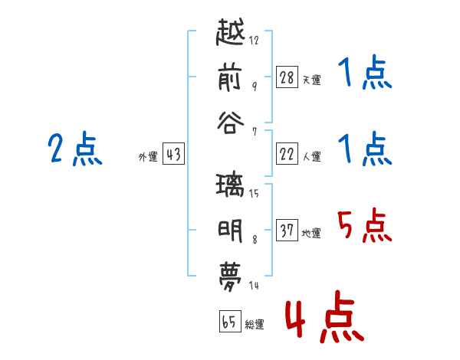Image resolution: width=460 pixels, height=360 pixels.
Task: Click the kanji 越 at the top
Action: point(230,32)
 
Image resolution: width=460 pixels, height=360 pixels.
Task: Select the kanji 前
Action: point(230,77)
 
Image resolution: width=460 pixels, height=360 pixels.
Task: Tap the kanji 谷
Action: point(230,123)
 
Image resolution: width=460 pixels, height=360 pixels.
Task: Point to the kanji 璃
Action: point(230,185)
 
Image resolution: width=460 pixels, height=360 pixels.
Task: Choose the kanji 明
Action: point(230,231)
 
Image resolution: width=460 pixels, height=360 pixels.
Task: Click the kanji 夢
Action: point(230,277)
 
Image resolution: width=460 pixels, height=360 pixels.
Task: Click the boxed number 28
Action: point(287,77)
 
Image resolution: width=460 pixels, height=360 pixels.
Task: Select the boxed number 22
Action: point(287,154)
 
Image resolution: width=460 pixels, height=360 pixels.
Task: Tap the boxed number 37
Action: point(287,230)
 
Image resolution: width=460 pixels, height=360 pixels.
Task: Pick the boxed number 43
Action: point(173,154)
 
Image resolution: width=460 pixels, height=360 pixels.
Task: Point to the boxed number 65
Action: point(230,321)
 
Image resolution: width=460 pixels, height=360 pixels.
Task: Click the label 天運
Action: point(312,80)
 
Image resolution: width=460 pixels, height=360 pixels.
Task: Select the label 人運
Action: point(312,156)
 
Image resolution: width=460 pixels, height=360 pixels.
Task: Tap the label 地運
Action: point(311,234)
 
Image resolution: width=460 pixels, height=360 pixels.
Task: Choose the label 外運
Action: point(148,157)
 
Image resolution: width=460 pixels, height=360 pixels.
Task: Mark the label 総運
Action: point(255,325)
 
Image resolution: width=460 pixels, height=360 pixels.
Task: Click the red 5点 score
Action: point(364,225)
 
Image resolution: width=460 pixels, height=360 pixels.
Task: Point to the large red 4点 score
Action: point(324,316)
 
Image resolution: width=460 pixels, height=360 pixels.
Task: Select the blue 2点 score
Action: point(75,149)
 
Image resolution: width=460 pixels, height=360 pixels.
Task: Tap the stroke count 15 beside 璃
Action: point(254,194)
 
